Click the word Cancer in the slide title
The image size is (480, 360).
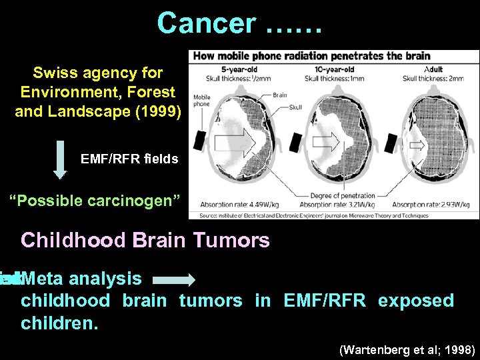pos(205,24)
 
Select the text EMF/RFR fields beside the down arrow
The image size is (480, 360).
pos(129,159)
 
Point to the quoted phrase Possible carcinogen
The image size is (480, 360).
pos(94,199)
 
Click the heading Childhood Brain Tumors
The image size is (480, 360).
pos(145,240)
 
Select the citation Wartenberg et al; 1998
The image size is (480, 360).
pos(407,349)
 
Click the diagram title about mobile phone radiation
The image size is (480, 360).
pos(311,56)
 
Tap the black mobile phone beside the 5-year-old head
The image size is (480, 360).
pos(199,139)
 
